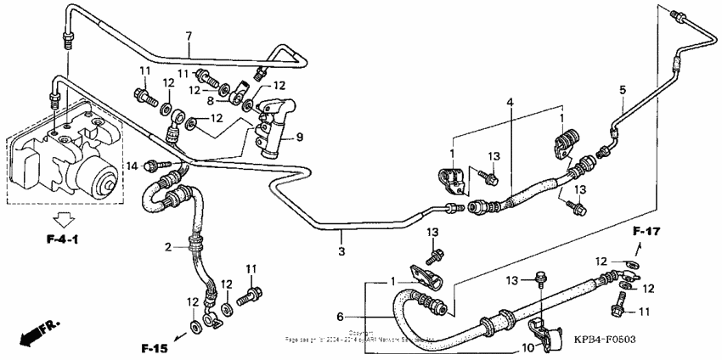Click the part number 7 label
pyautogui.click(x=189, y=35)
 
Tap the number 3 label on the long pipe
pyautogui.click(x=341, y=251)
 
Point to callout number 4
pyautogui.click(x=510, y=102)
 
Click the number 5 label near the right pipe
pyautogui.click(x=622, y=89)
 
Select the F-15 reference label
pyautogui.click(x=155, y=347)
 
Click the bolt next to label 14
pyautogui.click(x=157, y=164)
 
